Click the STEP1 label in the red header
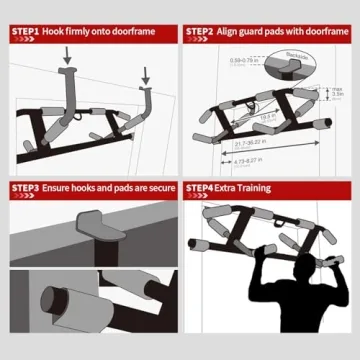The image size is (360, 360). coord(25,31)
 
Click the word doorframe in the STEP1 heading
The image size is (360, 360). coord(149,31)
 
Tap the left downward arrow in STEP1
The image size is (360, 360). coord(67,59)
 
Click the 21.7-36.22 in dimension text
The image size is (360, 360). coord(262,146)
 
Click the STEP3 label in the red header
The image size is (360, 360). coord(25,187)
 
